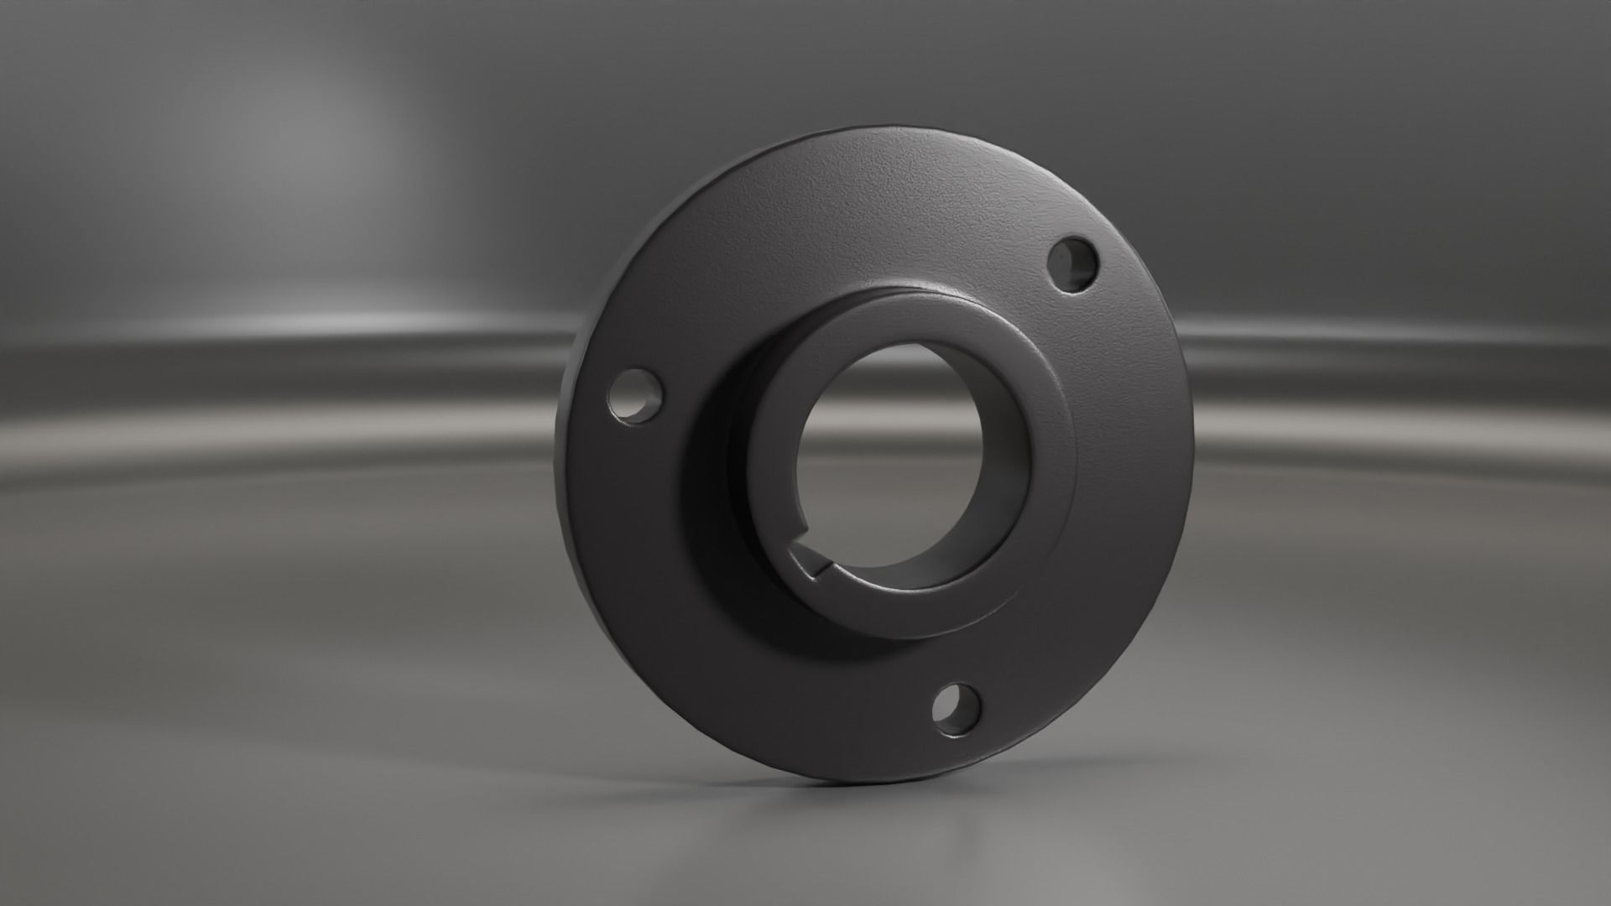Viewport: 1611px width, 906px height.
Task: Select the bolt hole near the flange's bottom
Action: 957,710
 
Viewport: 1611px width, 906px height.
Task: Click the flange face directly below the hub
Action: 839,705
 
